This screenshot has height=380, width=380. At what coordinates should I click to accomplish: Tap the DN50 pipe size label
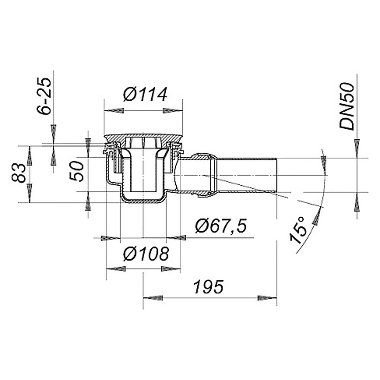347,106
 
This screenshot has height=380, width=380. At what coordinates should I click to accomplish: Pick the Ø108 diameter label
146,254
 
